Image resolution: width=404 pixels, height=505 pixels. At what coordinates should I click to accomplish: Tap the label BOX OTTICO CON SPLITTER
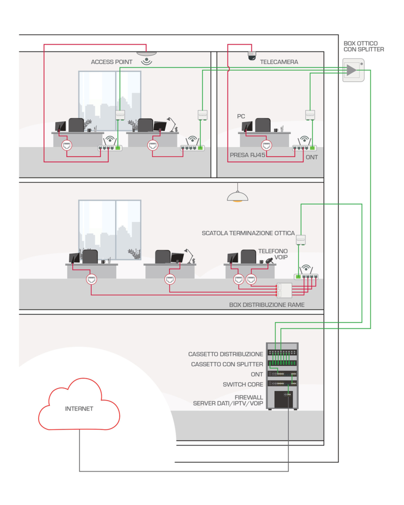pyautogui.click(x=364, y=47)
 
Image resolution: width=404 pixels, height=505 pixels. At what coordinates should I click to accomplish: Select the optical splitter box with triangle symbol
pyautogui.click(x=353, y=70)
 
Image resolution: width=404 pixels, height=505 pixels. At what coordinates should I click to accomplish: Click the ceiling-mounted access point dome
pyautogui.click(x=146, y=53)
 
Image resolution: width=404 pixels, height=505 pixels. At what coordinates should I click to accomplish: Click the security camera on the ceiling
pyautogui.click(x=252, y=55)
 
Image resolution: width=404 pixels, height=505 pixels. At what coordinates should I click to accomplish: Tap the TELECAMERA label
pyautogui.click(x=279, y=62)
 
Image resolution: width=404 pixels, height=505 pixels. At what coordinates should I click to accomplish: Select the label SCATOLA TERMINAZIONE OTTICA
pyautogui.click(x=248, y=233)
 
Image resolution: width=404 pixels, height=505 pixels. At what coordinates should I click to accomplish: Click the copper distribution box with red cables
pyautogui.click(x=284, y=290)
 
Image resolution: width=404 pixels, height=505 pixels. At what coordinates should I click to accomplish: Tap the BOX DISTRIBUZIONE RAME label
pyautogui.click(x=267, y=305)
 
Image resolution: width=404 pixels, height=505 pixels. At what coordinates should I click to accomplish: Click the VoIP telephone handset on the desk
pyautogui.click(x=269, y=260)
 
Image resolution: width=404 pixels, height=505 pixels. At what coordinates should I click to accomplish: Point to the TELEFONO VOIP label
pyautogui.click(x=273, y=254)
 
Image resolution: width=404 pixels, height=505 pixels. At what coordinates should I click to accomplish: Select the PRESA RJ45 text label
pyautogui.click(x=248, y=154)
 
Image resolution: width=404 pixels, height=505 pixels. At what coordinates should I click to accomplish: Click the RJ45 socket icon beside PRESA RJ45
pyautogui.click(x=266, y=145)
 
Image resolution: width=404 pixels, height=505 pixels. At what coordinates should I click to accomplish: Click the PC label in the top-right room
pyautogui.click(x=241, y=117)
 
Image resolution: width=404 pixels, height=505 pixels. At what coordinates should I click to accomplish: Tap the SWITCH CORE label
pyautogui.click(x=243, y=384)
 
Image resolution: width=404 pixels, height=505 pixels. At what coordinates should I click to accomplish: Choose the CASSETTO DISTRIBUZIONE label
pyautogui.click(x=226, y=354)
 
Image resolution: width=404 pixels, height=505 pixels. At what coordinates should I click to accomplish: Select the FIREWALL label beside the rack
pyautogui.click(x=249, y=397)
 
